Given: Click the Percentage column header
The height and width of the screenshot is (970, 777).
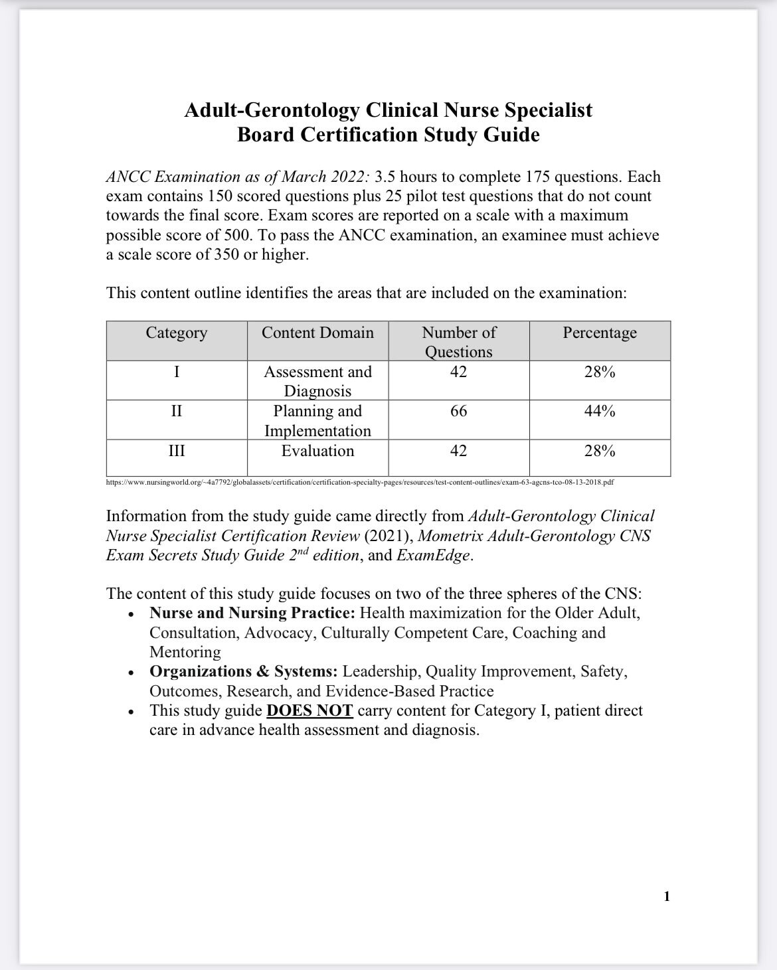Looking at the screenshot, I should [599, 333].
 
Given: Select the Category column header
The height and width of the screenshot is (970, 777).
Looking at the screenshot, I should [176, 333].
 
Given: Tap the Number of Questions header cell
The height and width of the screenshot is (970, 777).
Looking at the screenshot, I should [458, 341].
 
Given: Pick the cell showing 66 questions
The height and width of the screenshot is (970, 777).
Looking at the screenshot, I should [458, 412].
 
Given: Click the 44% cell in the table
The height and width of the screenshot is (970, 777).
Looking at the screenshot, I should [599, 412].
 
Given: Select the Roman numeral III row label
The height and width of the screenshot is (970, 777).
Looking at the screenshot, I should [176, 451].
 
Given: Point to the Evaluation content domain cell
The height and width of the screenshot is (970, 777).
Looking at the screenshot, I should [317, 451].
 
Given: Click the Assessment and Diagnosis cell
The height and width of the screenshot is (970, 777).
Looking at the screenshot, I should [317, 381].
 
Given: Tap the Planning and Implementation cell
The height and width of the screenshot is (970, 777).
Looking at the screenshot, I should [317, 421].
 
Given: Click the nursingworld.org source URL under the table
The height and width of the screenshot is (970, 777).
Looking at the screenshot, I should [359, 482].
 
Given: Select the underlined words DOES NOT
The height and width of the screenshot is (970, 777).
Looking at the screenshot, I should [309, 711].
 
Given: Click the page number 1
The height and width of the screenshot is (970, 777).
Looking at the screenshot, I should [667, 897].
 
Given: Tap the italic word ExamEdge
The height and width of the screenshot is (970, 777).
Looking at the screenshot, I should [434, 556].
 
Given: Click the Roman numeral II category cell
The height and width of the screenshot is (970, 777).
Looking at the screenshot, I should [176, 412].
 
